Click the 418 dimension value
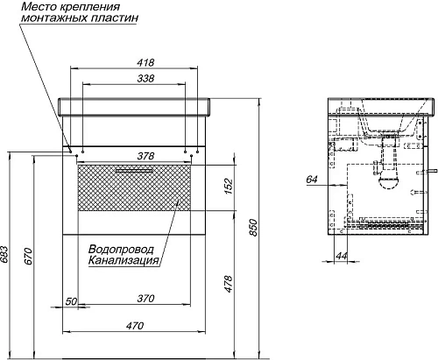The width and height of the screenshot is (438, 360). tap(145, 62)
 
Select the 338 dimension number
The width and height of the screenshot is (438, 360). tap(145, 79)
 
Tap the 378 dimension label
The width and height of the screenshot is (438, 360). tap(145, 156)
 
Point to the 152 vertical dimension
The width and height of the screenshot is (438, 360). tap(228, 187)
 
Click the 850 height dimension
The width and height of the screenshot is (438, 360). tap(253, 228)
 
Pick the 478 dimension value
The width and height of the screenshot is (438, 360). tap(228, 284)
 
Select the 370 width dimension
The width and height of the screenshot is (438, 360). tap(145, 299)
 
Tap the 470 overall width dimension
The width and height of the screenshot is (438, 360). tap(135, 325)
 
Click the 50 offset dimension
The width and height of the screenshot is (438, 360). tap(71, 301)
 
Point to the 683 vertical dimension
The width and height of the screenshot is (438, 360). tap(4, 255)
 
